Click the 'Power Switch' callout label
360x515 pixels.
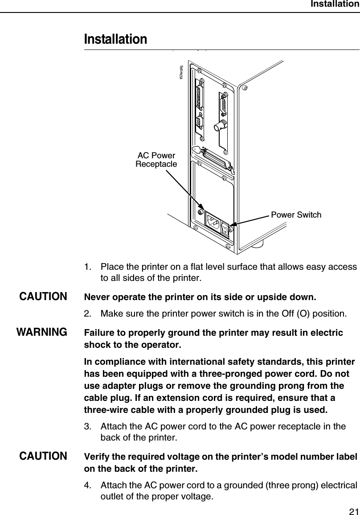tap(296, 215)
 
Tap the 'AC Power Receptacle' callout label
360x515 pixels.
tap(156, 160)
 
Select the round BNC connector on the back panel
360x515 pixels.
tap(219, 127)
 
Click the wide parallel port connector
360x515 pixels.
tap(216, 160)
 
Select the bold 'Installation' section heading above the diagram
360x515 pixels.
tap(115, 39)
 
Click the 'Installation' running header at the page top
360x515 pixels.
tap(334, 4)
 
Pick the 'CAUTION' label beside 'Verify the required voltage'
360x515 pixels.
tap(43, 457)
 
